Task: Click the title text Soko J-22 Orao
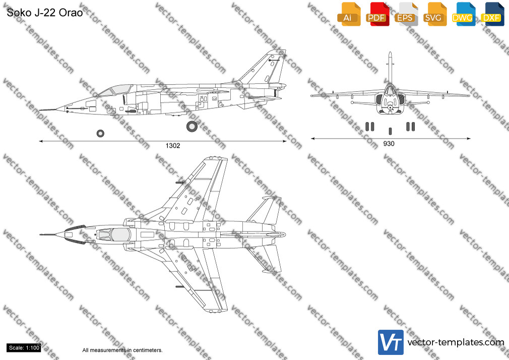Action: pyautogui.click(x=45, y=13)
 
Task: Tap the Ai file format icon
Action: pyautogui.click(x=349, y=14)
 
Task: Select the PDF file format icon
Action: pyautogui.click(x=377, y=14)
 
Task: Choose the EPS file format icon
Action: pyautogui.click(x=406, y=14)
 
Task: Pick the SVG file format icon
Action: pyautogui.click(x=434, y=14)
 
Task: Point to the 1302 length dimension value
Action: pyautogui.click(x=173, y=146)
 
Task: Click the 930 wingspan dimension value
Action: pyautogui.click(x=389, y=144)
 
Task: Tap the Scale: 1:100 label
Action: pyautogui.click(x=24, y=348)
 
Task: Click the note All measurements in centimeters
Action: pyautogui.click(x=122, y=350)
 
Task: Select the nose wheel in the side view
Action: pyautogui.click(x=101, y=133)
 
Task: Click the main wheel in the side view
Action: pyautogui.click(x=192, y=127)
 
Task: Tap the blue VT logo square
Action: pyautogui.click(x=391, y=342)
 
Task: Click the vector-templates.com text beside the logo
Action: pyautogui.click(x=456, y=342)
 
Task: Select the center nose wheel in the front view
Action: pyautogui.click(x=390, y=131)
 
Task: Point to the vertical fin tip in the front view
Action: pyautogui.click(x=390, y=53)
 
